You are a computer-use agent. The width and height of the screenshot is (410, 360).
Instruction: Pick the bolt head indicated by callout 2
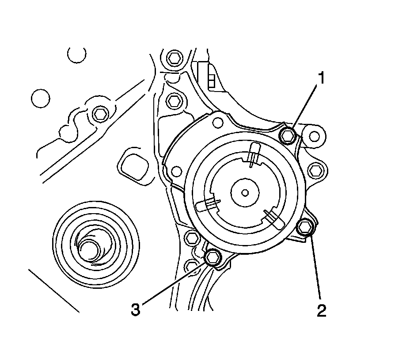click(x=304, y=227)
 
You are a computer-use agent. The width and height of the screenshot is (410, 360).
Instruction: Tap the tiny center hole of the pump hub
click(x=245, y=192)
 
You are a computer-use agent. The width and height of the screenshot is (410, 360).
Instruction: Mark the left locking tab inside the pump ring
click(x=206, y=205)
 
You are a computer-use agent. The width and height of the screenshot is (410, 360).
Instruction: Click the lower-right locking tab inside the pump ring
click(x=273, y=218)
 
